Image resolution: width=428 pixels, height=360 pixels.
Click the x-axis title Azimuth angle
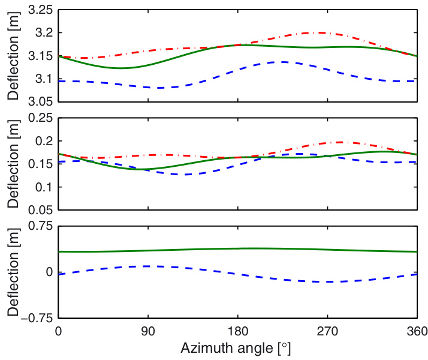[238, 347]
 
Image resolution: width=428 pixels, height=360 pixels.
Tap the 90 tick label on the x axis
[148, 331]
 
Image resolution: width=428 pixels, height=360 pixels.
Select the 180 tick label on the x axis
[238, 331]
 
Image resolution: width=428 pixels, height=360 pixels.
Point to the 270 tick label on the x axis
[328, 331]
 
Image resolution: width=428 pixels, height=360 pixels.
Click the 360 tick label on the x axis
[417, 331]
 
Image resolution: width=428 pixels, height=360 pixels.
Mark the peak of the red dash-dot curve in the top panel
[321, 32]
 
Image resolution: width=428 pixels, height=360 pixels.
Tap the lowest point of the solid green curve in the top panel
[121, 68]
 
